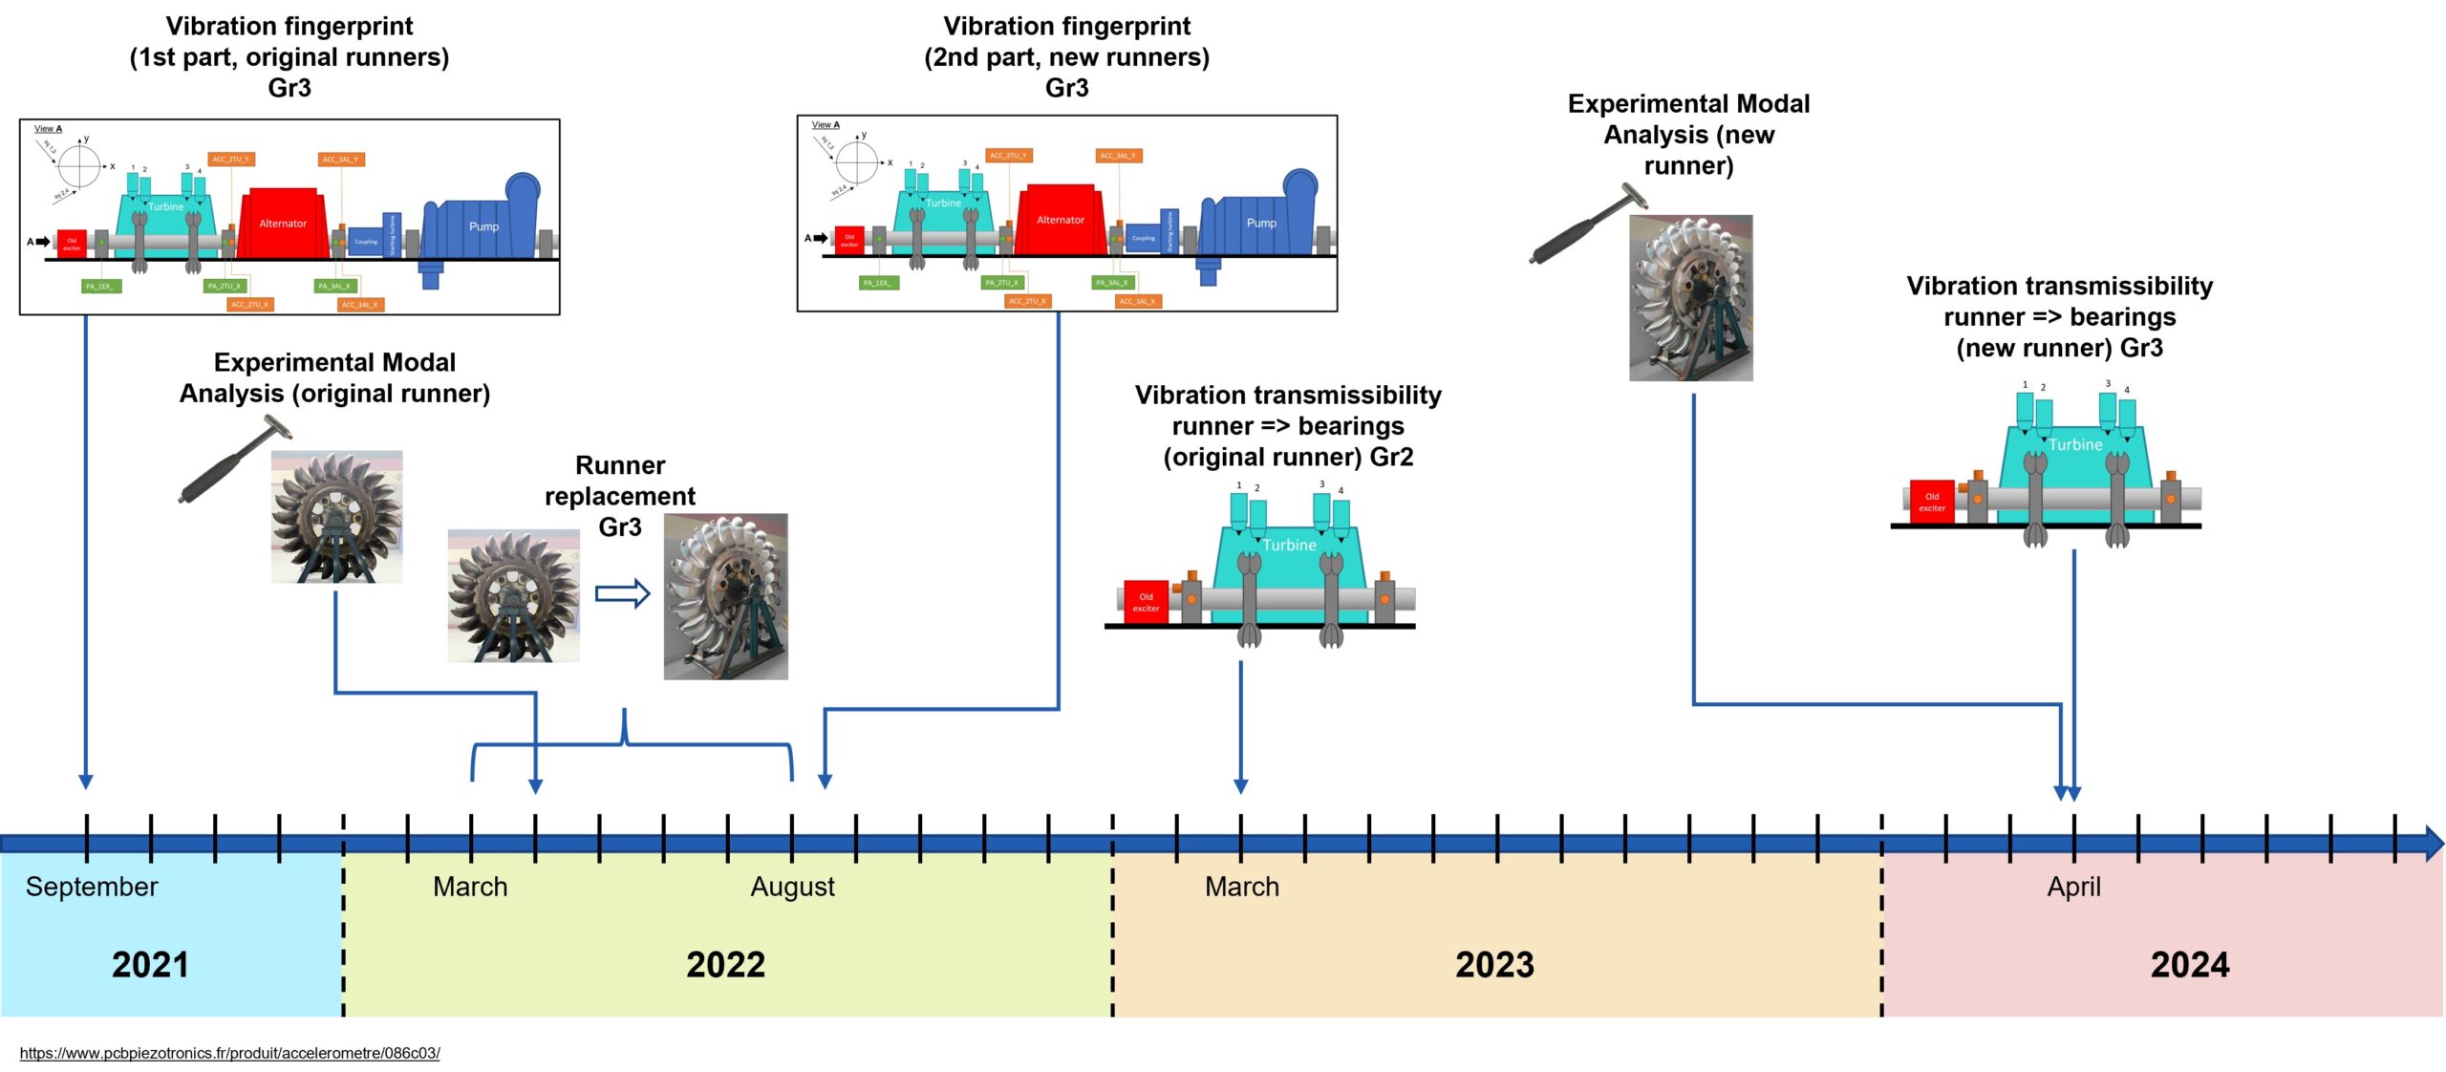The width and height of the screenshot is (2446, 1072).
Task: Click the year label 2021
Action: (x=150, y=964)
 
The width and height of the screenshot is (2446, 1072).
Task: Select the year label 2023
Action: (x=1494, y=964)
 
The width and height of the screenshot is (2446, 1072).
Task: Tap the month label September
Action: (x=92, y=887)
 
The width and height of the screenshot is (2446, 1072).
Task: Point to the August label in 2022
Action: (x=792, y=887)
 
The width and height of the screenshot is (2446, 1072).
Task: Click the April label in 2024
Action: (x=2073, y=887)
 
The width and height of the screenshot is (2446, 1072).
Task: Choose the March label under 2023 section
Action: (x=1241, y=887)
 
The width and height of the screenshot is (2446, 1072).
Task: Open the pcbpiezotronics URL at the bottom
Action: (x=229, y=1053)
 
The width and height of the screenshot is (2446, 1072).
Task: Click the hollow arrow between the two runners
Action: (x=622, y=594)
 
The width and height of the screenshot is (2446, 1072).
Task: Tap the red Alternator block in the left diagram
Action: (x=283, y=224)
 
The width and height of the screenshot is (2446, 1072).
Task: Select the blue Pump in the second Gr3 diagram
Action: (x=1259, y=223)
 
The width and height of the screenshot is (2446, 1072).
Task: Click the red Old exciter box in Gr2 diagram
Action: (x=1146, y=602)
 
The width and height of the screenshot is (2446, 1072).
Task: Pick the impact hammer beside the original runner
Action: (x=229, y=461)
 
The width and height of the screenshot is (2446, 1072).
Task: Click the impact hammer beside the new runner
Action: (x=1586, y=226)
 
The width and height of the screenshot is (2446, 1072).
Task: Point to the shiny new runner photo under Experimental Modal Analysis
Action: (x=1690, y=298)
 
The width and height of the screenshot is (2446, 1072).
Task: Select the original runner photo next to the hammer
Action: (x=336, y=517)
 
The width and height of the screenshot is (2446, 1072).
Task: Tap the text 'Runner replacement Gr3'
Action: (x=620, y=496)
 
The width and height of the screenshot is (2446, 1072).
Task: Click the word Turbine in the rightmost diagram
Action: (x=2075, y=444)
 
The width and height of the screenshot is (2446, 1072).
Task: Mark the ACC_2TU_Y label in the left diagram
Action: (x=230, y=160)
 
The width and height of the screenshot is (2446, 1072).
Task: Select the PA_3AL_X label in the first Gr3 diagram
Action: (x=334, y=286)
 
